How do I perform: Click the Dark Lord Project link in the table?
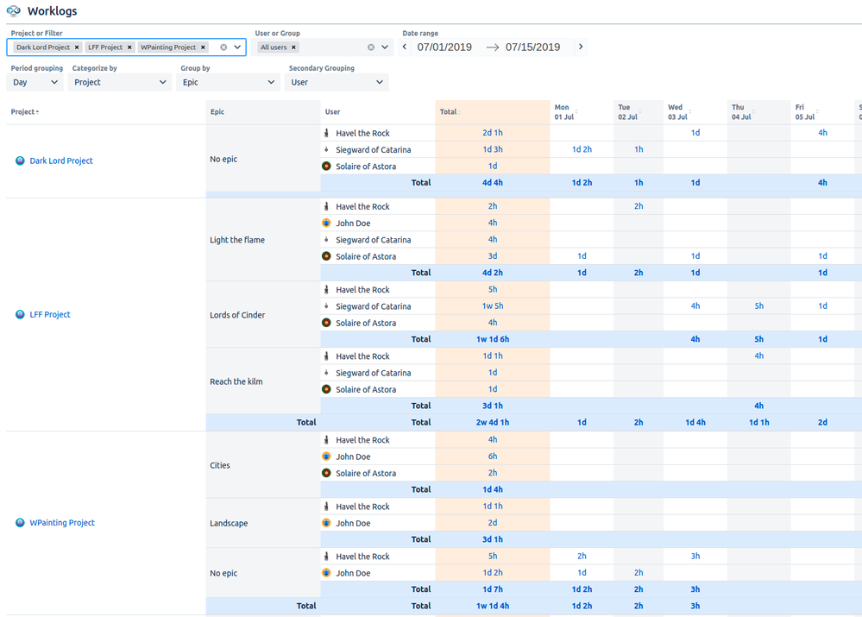pyautogui.click(x=61, y=161)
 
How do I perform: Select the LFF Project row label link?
pyautogui.click(x=50, y=315)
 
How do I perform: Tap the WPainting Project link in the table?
pyautogui.click(x=62, y=523)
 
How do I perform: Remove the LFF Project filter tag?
pyautogui.click(x=129, y=47)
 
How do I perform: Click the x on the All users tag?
pyautogui.click(x=293, y=47)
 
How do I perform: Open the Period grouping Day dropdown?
pyautogui.click(x=35, y=83)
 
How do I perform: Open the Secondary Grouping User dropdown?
pyautogui.click(x=337, y=83)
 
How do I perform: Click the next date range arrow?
pyautogui.click(x=581, y=47)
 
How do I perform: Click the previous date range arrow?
pyautogui.click(x=405, y=47)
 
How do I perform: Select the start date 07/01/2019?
pyautogui.click(x=444, y=47)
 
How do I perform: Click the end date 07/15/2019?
pyautogui.click(x=532, y=47)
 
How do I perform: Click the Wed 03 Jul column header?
pyautogui.click(x=676, y=112)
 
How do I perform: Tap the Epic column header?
pyautogui.click(x=217, y=112)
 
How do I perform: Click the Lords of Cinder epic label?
pyautogui.click(x=237, y=315)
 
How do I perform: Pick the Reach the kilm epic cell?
pyautogui.click(x=236, y=381)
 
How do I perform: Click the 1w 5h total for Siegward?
pyautogui.click(x=493, y=306)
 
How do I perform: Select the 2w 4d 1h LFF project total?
pyautogui.click(x=493, y=423)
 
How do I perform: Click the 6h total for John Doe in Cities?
pyautogui.click(x=493, y=456)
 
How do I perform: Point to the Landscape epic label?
pyautogui.click(x=229, y=524)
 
